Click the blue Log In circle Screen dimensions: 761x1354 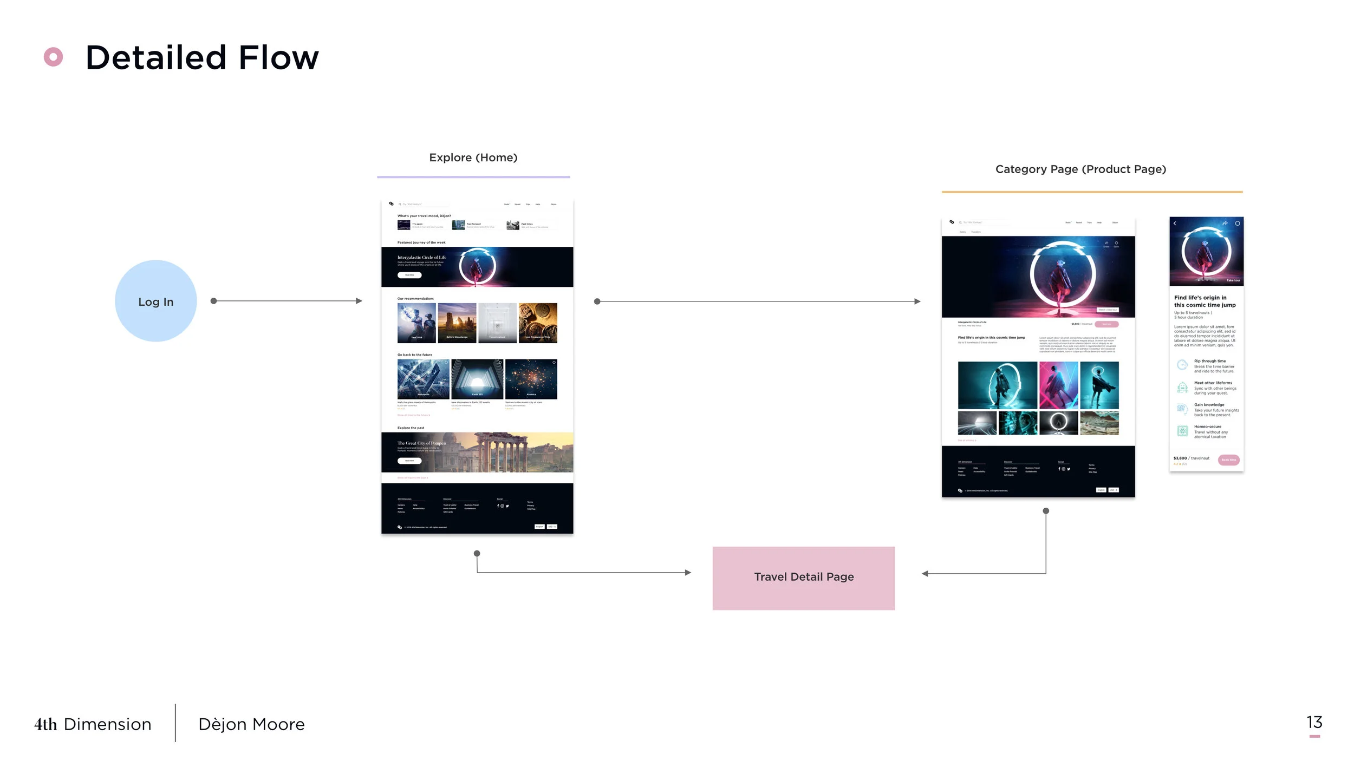coord(155,301)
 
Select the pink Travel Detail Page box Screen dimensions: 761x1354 coord(803,578)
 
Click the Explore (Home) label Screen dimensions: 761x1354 coord(473,158)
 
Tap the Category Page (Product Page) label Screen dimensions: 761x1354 coord(1080,169)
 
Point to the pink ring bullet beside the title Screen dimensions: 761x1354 coord(53,57)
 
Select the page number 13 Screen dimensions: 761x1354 coord(1314,722)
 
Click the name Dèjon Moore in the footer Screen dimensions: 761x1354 coord(251,724)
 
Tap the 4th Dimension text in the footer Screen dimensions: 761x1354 coord(93,724)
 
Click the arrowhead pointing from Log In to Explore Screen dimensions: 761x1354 coord(359,301)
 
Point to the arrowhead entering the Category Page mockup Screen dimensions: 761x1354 coord(917,301)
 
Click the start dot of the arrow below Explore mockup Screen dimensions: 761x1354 coord(477,553)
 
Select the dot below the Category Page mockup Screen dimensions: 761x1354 coord(1046,511)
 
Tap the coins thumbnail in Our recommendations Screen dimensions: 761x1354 coord(538,323)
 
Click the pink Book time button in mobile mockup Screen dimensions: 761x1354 coord(1228,460)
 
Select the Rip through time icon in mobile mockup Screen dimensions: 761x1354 coord(1182,365)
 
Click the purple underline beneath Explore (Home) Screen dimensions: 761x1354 coord(473,177)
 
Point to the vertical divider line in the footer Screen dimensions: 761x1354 coord(175,723)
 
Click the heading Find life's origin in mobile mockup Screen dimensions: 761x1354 coord(1205,301)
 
